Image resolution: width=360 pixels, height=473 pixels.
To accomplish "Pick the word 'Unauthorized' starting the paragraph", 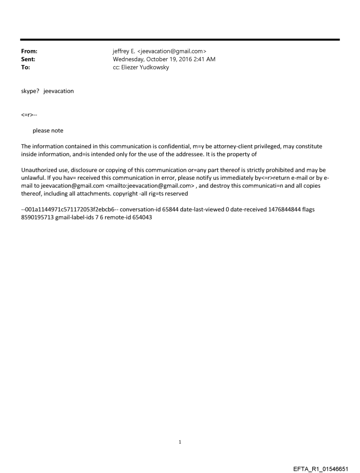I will pyautogui.click(x=40, y=170).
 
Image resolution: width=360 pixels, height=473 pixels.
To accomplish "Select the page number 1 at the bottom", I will pyautogui.click(x=180, y=442).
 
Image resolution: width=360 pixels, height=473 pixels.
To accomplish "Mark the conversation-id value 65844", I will pyautogui.click(x=156, y=209).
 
